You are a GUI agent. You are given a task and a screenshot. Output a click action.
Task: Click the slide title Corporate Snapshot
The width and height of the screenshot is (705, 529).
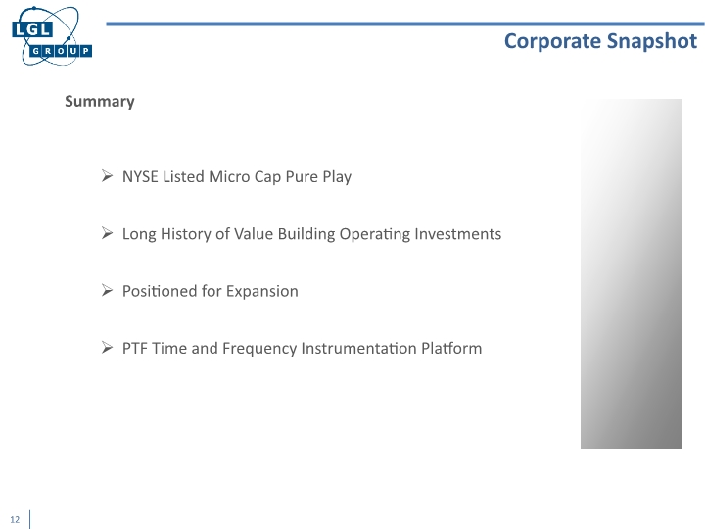click(600, 40)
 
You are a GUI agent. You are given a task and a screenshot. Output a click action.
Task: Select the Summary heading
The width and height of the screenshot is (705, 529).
click(99, 102)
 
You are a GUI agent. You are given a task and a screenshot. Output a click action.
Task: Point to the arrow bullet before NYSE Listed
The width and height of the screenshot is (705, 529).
click(108, 177)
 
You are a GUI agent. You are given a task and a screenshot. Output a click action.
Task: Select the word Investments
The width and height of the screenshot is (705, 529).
click(460, 234)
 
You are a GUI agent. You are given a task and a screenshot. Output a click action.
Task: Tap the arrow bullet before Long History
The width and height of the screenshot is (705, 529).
click(108, 234)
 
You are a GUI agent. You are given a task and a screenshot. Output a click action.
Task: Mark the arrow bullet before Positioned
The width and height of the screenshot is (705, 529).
click(108, 291)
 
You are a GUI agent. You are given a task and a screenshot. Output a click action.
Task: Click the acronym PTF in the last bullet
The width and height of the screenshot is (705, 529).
click(136, 348)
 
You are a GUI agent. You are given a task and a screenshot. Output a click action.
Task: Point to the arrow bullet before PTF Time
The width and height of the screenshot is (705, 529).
click(108, 348)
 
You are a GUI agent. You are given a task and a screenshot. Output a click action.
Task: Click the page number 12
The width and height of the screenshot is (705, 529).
click(16, 518)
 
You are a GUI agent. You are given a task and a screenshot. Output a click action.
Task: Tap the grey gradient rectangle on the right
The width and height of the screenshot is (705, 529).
click(631, 273)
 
